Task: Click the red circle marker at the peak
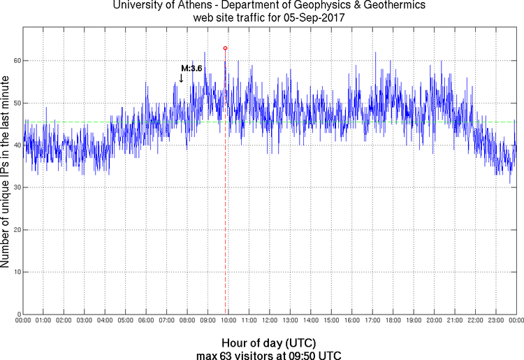pos(225,48)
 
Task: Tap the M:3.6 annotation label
pos(191,69)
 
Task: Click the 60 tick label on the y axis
pos(16,61)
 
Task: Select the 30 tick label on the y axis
pos(16,187)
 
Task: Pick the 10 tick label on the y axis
pos(16,272)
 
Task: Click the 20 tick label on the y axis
pos(16,230)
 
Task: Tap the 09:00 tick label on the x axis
pos(208,321)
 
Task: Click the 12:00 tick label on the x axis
pos(269,321)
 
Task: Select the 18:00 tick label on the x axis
pos(393,321)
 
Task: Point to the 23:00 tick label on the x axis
pos(495,321)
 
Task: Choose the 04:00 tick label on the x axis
pos(105,321)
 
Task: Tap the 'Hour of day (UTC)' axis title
pos(269,343)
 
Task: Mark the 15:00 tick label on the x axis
pos(331,321)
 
